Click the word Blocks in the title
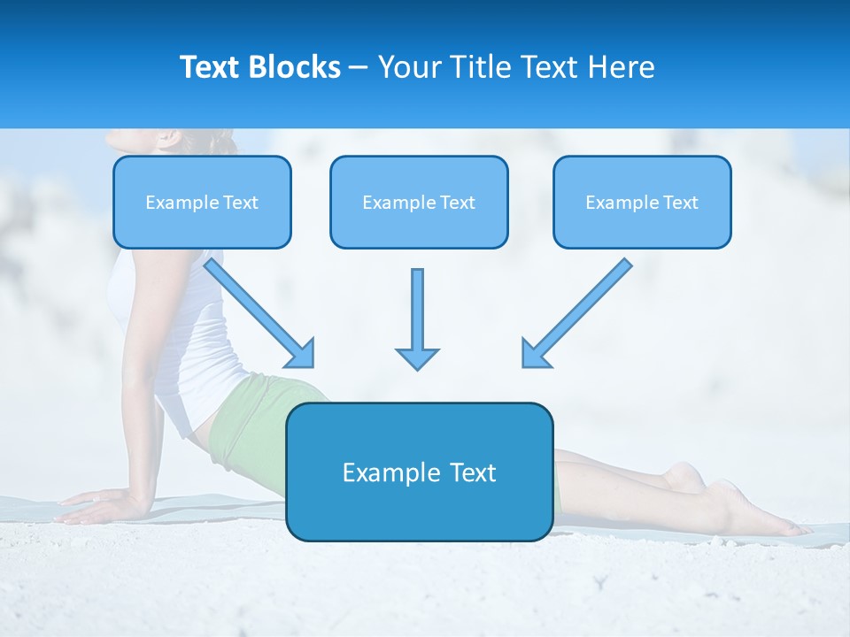tap(296, 67)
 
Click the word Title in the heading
tap(477, 67)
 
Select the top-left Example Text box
tap(202, 203)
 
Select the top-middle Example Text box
tap(419, 203)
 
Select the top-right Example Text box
tap(642, 203)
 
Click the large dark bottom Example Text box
tap(420, 472)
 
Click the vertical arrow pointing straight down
tap(417, 318)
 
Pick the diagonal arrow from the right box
tap(576, 312)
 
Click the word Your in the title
tap(407, 67)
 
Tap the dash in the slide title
tap(359, 67)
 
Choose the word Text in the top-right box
tap(681, 203)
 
